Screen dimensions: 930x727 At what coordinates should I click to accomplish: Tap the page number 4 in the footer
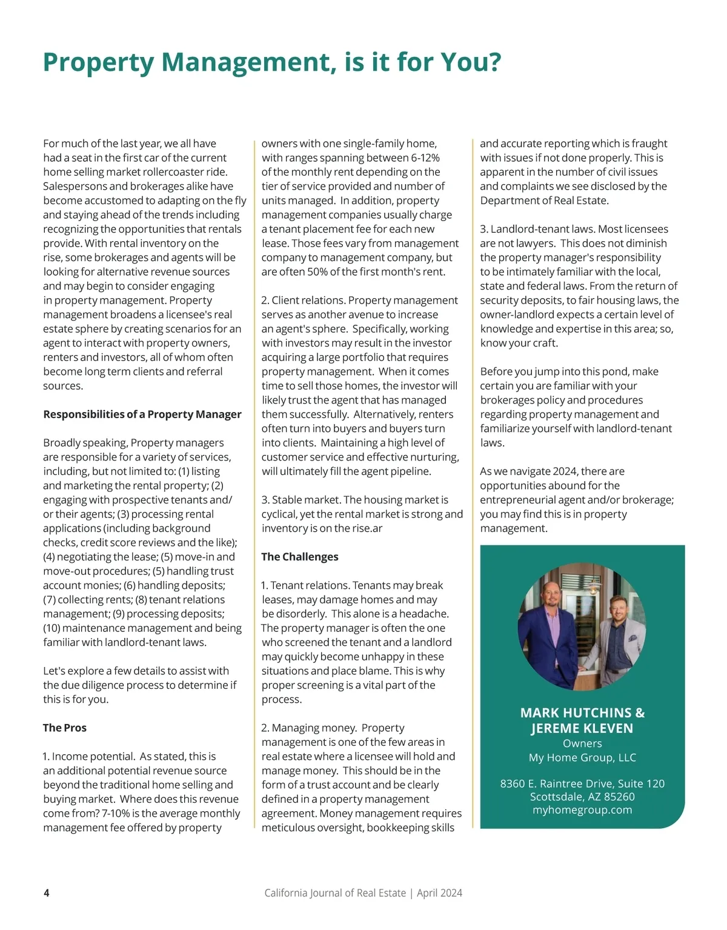click(x=47, y=892)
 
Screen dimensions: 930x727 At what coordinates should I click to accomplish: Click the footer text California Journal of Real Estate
click(x=335, y=892)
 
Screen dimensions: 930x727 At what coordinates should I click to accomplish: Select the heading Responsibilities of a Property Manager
click(x=142, y=414)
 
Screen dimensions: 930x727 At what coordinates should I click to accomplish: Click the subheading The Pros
click(x=65, y=728)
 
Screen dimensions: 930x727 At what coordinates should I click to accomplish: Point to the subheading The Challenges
click(x=300, y=557)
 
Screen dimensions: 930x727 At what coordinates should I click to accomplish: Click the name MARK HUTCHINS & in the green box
click(x=582, y=713)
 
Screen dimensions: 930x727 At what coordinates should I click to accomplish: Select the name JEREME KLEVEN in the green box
click(x=582, y=728)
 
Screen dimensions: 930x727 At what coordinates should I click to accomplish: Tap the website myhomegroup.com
click(x=582, y=810)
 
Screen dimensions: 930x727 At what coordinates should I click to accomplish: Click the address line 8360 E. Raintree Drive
click(x=582, y=783)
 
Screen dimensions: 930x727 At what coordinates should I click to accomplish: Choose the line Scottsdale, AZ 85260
click(x=582, y=797)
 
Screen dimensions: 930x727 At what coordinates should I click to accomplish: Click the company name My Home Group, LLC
click(x=582, y=757)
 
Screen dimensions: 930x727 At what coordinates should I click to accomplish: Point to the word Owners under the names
click(x=582, y=743)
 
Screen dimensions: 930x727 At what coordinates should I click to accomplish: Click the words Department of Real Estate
click(x=543, y=201)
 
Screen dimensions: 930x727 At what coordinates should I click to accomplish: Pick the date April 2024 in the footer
click(x=440, y=892)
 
